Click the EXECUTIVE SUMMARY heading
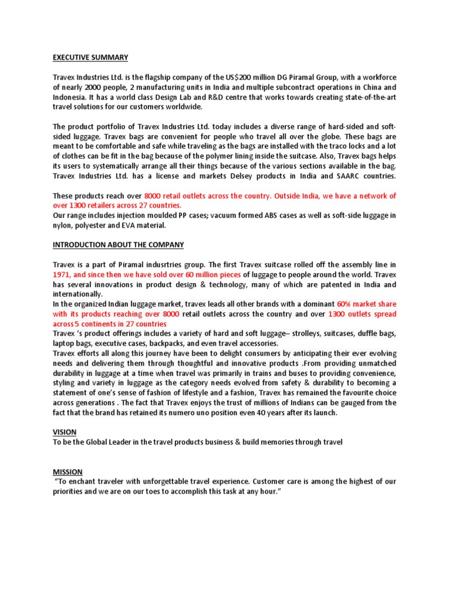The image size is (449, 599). pyautogui.click(x=91, y=57)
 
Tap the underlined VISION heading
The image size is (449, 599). pyautogui.click(x=64, y=432)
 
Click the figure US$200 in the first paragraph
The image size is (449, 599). pyautogui.click(x=242, y=77)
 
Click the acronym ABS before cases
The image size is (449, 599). pyautogui.click(x=258, y=215)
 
